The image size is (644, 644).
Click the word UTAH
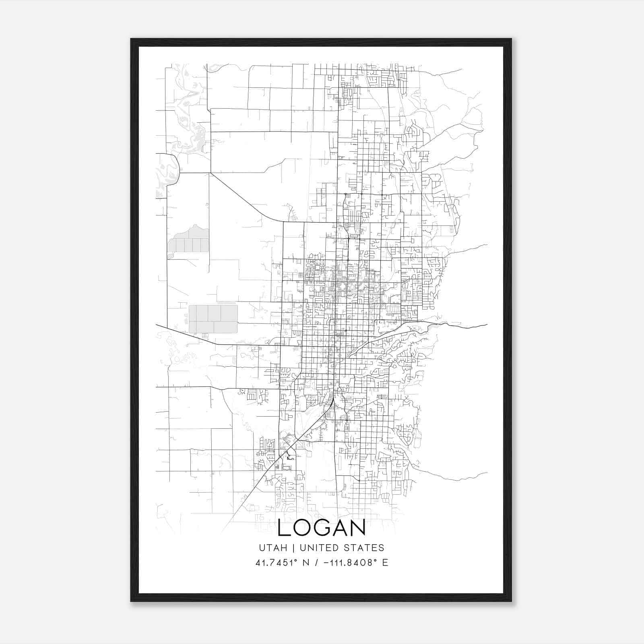click(x=273, y=548)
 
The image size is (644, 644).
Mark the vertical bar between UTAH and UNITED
click(x=293, y=548)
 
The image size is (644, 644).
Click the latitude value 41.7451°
click(x=276, y=563)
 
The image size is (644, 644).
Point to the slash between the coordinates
click(x=318, y=563)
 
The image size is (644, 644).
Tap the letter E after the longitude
click(x=385, y=563)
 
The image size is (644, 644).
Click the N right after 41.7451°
click(x=305, y=563)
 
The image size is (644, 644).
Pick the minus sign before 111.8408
click(x=328, y=563)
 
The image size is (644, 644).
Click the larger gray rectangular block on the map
click(x=213, y=319)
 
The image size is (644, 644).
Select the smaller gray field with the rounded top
click(x=188, y=241)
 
